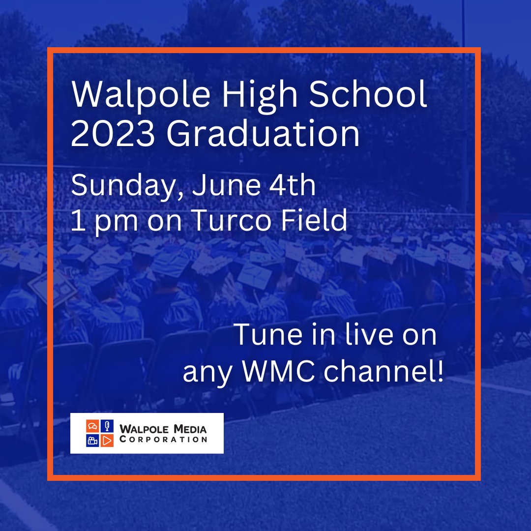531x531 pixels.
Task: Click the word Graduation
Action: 263,134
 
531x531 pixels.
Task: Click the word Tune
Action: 269,335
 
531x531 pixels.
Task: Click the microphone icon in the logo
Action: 107,426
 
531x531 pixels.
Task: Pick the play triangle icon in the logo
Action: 107,440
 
